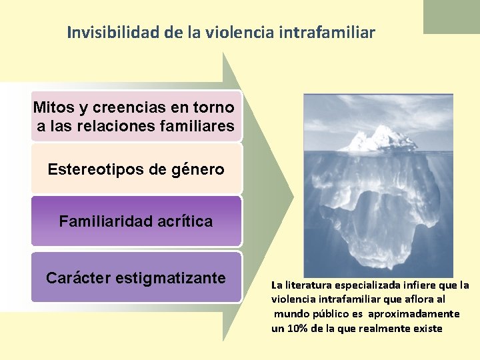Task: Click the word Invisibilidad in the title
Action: [111, 32]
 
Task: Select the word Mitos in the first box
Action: [53, 107]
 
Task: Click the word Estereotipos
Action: [96, 169]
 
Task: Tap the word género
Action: [197, 169]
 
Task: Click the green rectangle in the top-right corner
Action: [451, 16]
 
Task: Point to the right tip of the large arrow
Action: [291, 197]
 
